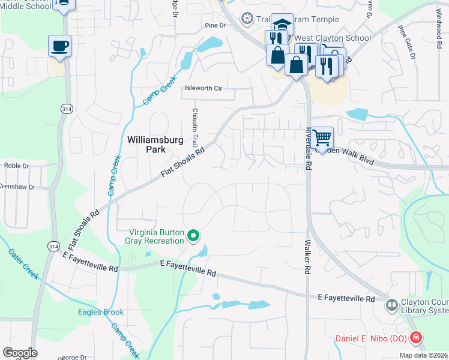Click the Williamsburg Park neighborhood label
[x=155, y=145]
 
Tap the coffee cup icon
[x=60, y=46]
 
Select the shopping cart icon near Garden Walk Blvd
[x=322, y=137]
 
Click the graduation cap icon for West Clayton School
[x=282, y=24]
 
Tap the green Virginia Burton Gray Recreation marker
[x=193, y=235]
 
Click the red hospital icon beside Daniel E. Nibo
[x=415, y=339]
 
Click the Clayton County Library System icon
[x=391, y=305]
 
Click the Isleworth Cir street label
[x=203, y=88]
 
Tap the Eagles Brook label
[x=101, y=312]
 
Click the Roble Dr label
[x=17, y=166]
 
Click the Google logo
[x=20, y=353]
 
